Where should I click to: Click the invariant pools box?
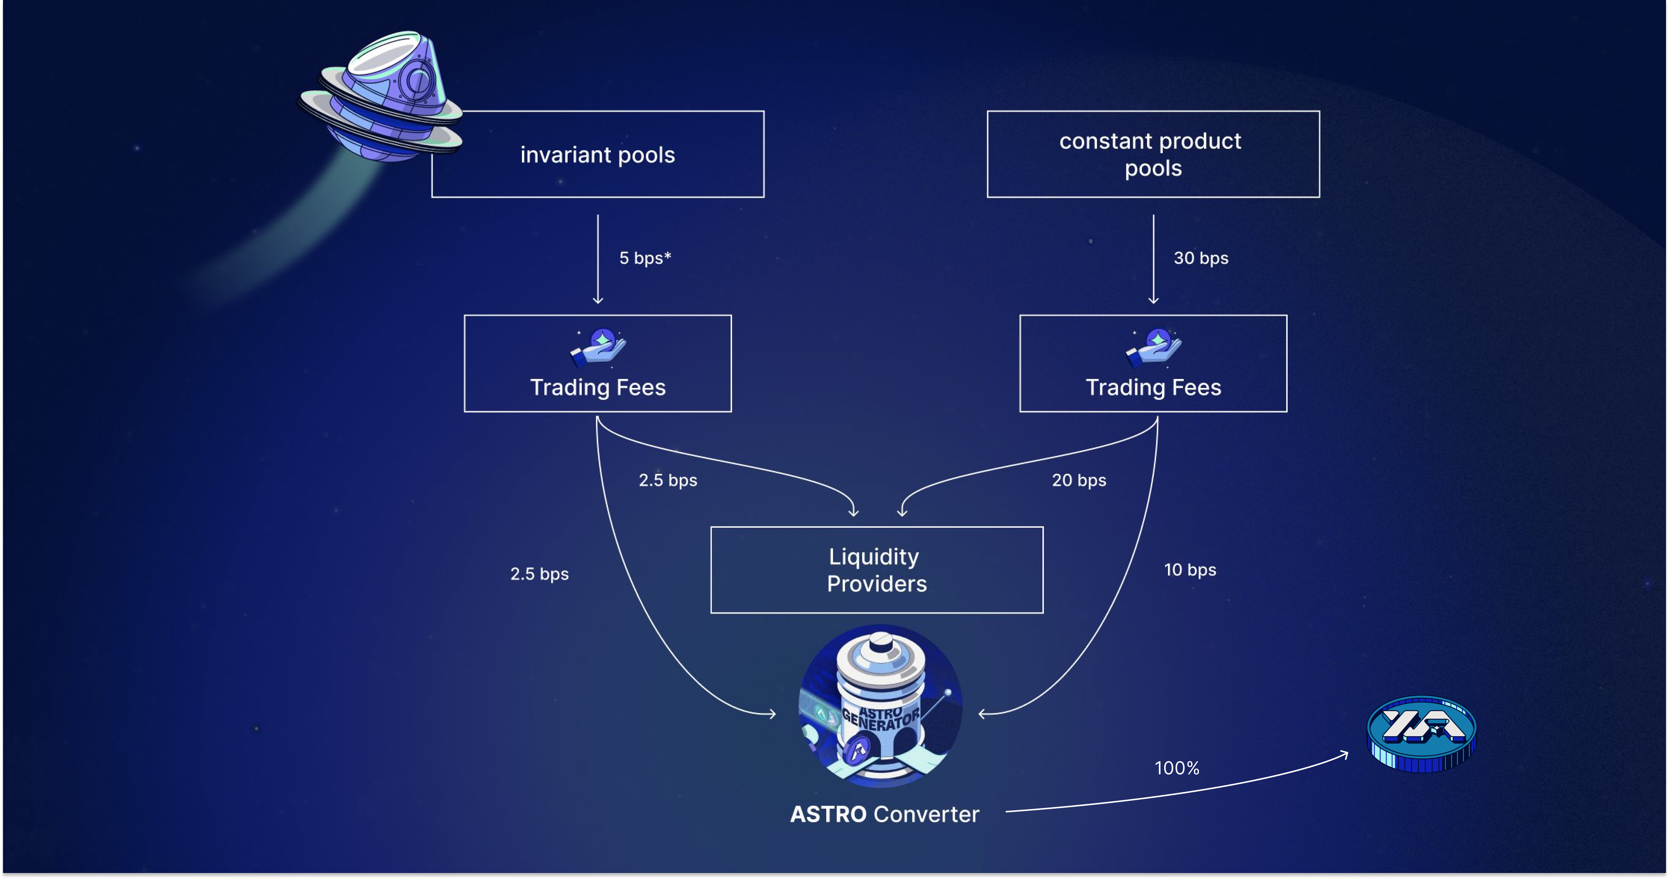pos(597,154)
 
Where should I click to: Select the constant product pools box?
pos(1153,154)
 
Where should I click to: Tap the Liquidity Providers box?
pos(877,570)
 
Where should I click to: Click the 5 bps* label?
pos(645,258)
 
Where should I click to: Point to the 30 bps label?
pos(1201,258)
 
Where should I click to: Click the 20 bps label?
pos(1079,480)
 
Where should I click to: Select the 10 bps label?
pos(1190,570)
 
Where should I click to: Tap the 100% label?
pos(1177,768)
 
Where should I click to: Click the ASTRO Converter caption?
pos(884,814)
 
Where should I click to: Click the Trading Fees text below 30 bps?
pos(1153,387)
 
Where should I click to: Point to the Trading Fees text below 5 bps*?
pos(598,387)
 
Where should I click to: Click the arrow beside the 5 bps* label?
pos(598,259)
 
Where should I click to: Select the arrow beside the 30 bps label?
pos(1153,259)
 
